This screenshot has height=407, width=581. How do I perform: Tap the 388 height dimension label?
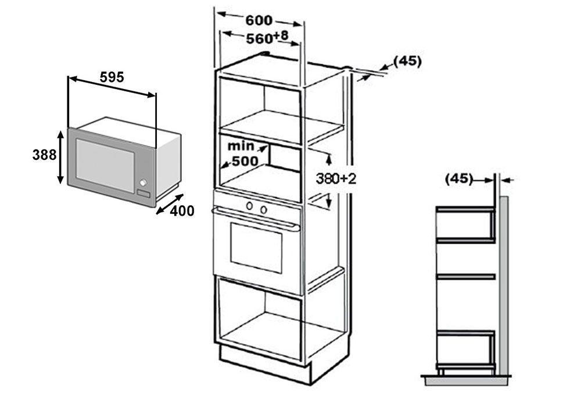tap(45, 155)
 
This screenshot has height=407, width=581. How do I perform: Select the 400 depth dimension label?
tap(182, 212)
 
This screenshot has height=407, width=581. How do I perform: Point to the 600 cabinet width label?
tap(258, 20)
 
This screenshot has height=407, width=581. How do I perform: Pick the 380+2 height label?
tap(336, 179)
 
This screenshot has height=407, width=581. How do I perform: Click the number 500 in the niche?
tap(245, 161)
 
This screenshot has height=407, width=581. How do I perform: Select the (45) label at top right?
tap(407, 60)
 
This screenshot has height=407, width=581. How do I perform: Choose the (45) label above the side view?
tap(459, 179)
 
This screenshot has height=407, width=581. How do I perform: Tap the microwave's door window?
tap(105, 165)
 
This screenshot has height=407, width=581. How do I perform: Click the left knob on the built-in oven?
tap(249, 205)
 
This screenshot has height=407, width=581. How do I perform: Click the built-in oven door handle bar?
tap(256, 217)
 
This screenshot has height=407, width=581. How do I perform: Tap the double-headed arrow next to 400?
tap(170, 204)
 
